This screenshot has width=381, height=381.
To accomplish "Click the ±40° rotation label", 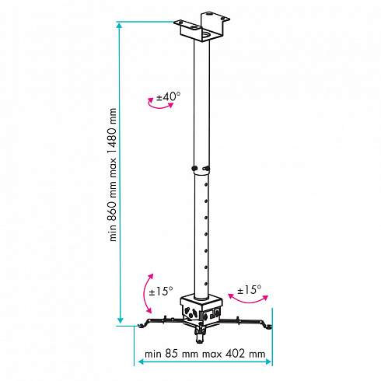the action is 168,97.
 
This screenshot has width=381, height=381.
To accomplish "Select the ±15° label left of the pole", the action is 161,291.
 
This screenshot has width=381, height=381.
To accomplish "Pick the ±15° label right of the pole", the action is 249,289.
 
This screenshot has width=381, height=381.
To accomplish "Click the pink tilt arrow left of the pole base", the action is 145,294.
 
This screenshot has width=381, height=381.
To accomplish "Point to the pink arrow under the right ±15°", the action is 248,302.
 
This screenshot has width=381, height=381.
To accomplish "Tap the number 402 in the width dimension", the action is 235,354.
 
